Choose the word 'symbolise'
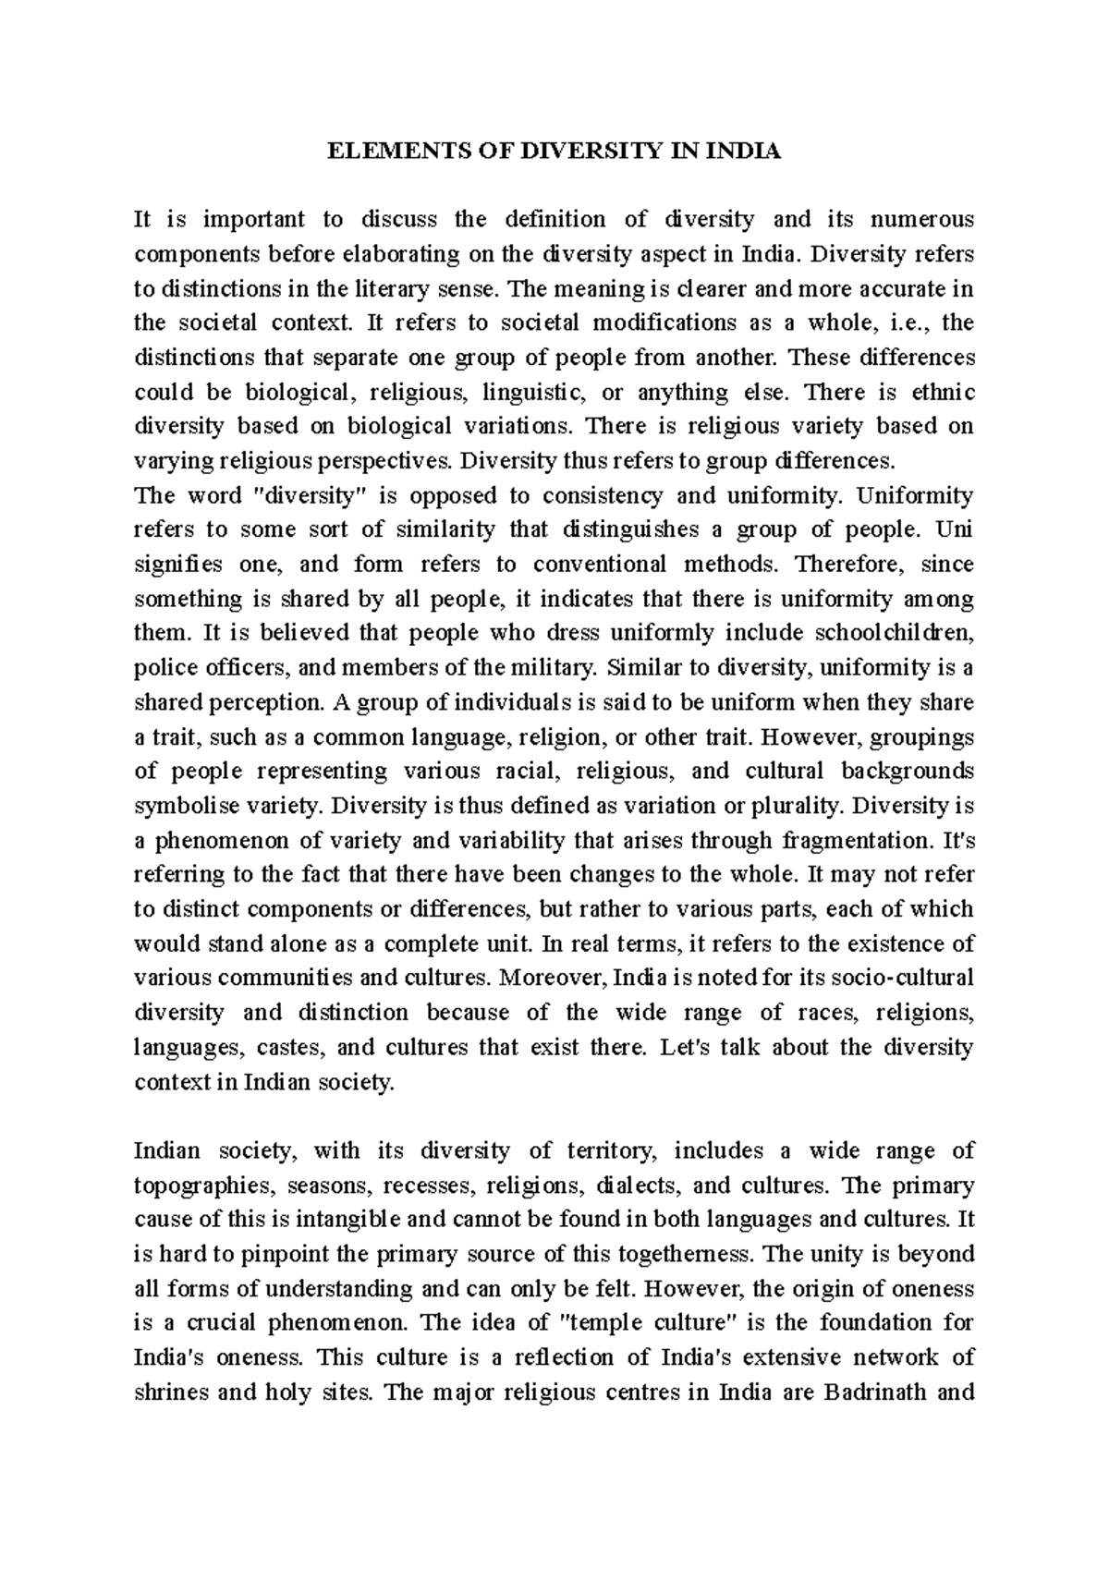pyautogui.click(x=179, y=806)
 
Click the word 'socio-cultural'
pyautogui.click(x=896, y=979)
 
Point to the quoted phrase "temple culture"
pyautogui.click(x=648, y=1323)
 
